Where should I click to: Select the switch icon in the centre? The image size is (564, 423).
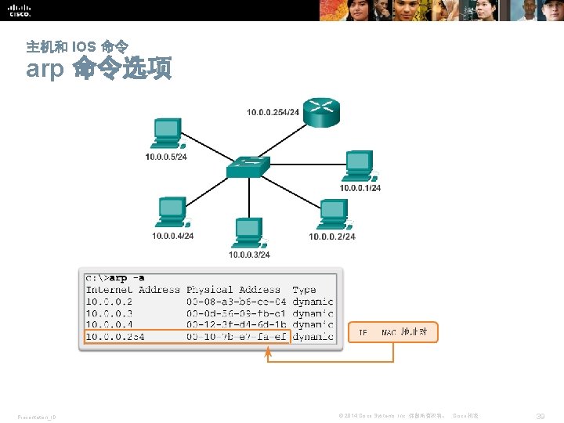coord(248,167)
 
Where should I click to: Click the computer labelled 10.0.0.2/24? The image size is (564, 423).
coord(334,213)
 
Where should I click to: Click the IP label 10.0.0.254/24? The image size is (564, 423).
coord(273,113)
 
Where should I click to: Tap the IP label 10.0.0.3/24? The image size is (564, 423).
coord(249,255)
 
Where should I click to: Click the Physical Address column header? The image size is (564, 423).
coord(233,289)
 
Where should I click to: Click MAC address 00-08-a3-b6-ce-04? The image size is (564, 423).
coord(236,301)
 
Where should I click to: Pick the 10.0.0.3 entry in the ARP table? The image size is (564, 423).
coord(110,313)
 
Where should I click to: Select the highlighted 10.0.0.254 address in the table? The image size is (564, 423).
coord(115,336)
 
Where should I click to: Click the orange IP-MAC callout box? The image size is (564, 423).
coord(392,332)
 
